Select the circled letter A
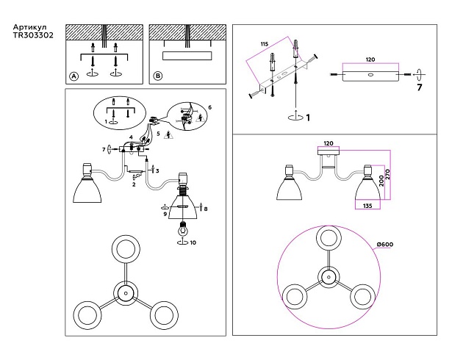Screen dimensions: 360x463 point(73,76)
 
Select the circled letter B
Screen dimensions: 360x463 point(157,76)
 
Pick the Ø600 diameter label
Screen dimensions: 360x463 point(386,243)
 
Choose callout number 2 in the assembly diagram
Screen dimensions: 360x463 point(134,185)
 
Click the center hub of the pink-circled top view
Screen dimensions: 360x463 point(326,277)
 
